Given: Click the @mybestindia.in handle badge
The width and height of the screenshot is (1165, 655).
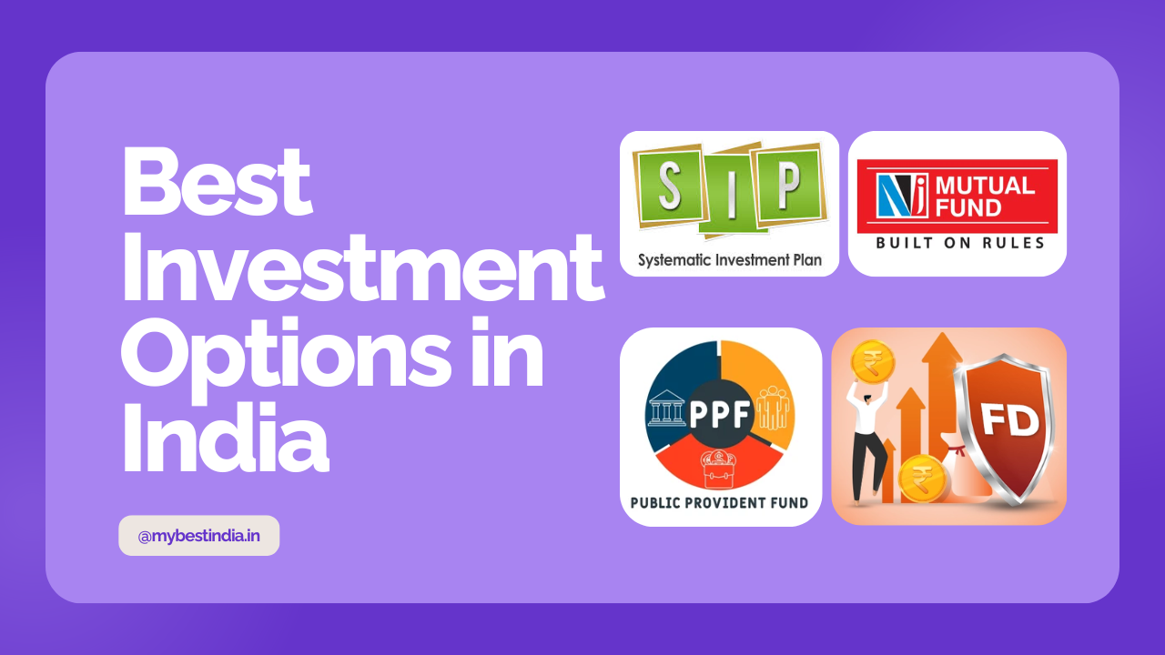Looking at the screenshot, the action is click(x=198, y=536).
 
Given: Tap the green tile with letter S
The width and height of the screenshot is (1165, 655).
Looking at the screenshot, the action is click(x=671, y=186).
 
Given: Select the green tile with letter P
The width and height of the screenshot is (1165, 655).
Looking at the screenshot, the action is click(x=788, y=184).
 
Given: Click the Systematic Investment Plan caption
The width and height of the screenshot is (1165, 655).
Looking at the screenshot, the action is click(x=730, y=259).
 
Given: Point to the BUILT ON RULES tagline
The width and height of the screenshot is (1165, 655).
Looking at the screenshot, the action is click(x=960, y=243).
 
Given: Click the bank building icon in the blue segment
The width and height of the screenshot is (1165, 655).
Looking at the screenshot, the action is click(x=667, y=408).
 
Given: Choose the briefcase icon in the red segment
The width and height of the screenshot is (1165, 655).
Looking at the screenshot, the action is click(x=718, y=469).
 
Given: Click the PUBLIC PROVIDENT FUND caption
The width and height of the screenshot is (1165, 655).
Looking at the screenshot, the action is click(x=719, y=503).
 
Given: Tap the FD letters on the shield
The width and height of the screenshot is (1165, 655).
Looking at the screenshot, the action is click(x=1009, y=421).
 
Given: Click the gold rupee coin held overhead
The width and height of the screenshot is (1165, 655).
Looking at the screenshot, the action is click(x=872, y=362).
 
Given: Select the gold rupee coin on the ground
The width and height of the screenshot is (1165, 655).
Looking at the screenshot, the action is click(x=922, y=479).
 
